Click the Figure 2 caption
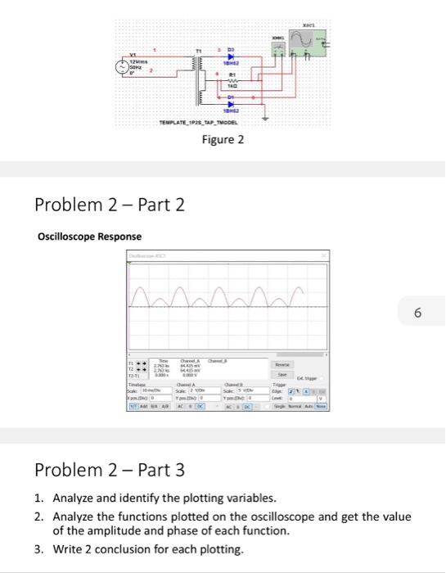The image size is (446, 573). pos(223,139)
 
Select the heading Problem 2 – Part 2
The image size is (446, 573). pos(110,204)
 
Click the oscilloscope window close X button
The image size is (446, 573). pos(325,258)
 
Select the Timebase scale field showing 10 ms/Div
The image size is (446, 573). pos(142,392)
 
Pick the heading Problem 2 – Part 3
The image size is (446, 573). pos(110,471)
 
